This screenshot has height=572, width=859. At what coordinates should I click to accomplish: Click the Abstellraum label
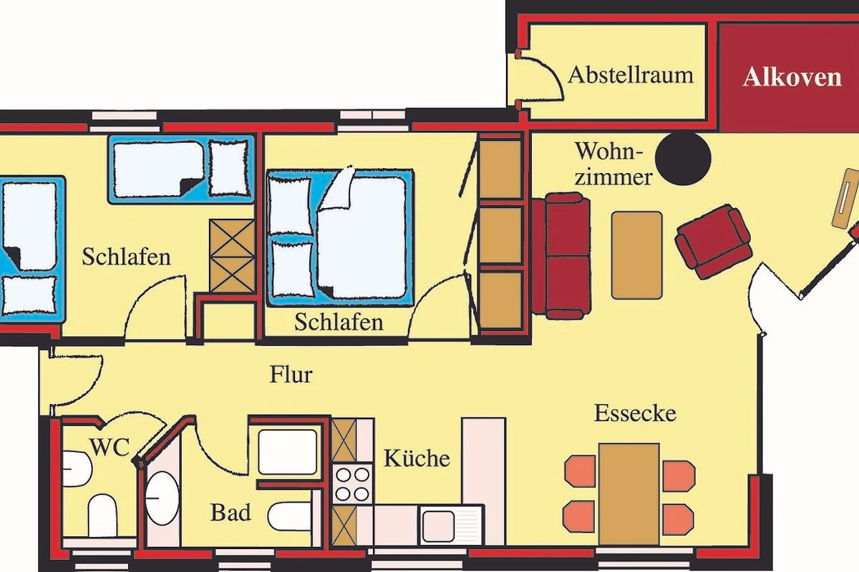[631, 75]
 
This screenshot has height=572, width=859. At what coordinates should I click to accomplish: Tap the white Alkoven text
[792, 77]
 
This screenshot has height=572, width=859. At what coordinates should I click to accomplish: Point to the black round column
[683, 157]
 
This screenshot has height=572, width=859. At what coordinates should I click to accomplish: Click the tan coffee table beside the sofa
[636, 255]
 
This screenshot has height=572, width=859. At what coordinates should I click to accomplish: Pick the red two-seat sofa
[561, 256]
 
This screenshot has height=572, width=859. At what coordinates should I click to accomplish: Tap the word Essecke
[635, 413]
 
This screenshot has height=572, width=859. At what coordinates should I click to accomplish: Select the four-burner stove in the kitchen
[352, 484]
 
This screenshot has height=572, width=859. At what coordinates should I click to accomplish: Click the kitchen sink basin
[438, 526]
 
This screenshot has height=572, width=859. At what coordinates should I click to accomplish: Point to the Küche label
[417, 458]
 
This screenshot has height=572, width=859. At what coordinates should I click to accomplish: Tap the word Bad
[230, 512]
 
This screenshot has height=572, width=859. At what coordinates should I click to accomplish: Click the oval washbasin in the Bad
[162, 498]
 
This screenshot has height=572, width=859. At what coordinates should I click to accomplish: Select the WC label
[110, 447]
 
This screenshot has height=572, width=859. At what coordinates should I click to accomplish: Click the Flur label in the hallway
[291, 375]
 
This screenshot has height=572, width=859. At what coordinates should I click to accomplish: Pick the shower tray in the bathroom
[288, 452]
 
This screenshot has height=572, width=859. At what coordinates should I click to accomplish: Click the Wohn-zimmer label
[613, 164]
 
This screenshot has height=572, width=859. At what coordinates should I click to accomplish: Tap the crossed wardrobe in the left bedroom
[232, 256]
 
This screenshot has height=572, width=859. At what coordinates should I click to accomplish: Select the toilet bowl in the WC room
[102, 515]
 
